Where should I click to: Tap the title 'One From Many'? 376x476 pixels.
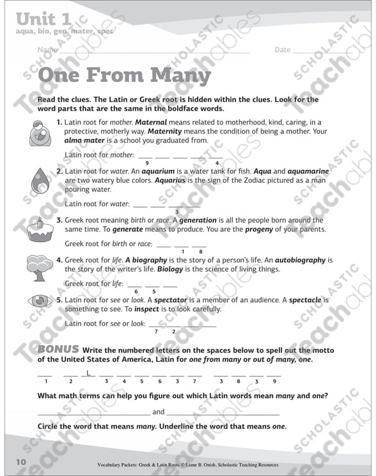(124, 75)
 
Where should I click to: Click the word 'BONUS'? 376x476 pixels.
(58, 349)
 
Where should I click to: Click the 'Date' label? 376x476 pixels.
(283, 50)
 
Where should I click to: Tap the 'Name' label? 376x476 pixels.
(47, 50)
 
